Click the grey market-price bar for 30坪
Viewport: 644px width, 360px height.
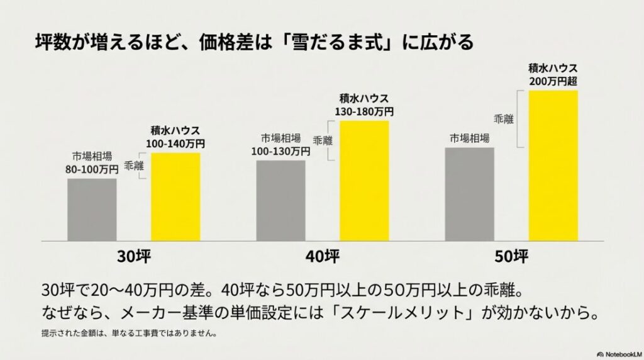point(92,210)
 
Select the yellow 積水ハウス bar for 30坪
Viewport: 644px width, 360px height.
point(175,197)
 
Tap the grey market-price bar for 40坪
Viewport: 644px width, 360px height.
point(280,200)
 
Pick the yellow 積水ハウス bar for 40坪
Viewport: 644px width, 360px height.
point(364,181)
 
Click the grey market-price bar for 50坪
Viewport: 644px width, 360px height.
point(469,194)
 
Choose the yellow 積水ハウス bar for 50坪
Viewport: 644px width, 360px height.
point(553,166)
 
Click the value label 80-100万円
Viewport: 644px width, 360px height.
point(92,169)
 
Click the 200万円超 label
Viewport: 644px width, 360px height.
point(553,81)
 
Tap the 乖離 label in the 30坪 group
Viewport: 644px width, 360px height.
point(133,166)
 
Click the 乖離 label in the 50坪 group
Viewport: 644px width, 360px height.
point(503,118)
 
